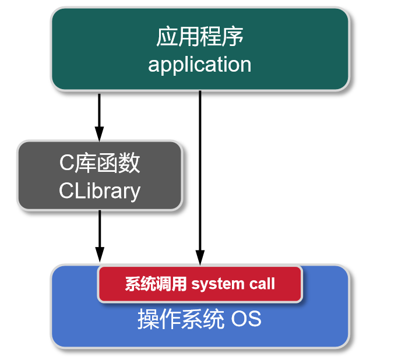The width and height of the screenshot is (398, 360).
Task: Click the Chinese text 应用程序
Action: tap(199, 37)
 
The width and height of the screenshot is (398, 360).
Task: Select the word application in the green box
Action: tap(199, 64)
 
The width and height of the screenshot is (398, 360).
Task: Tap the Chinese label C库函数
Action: tap(100, 164)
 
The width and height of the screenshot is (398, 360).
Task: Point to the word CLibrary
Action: tap(100, 190)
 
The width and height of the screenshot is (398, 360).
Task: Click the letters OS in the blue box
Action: tap(246, 320)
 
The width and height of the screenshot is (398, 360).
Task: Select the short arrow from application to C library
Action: tap(100, 114)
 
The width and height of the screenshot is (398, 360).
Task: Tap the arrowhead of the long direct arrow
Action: tap(200, 258)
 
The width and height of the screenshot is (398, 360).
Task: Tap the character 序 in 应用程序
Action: tap(233, 37)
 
